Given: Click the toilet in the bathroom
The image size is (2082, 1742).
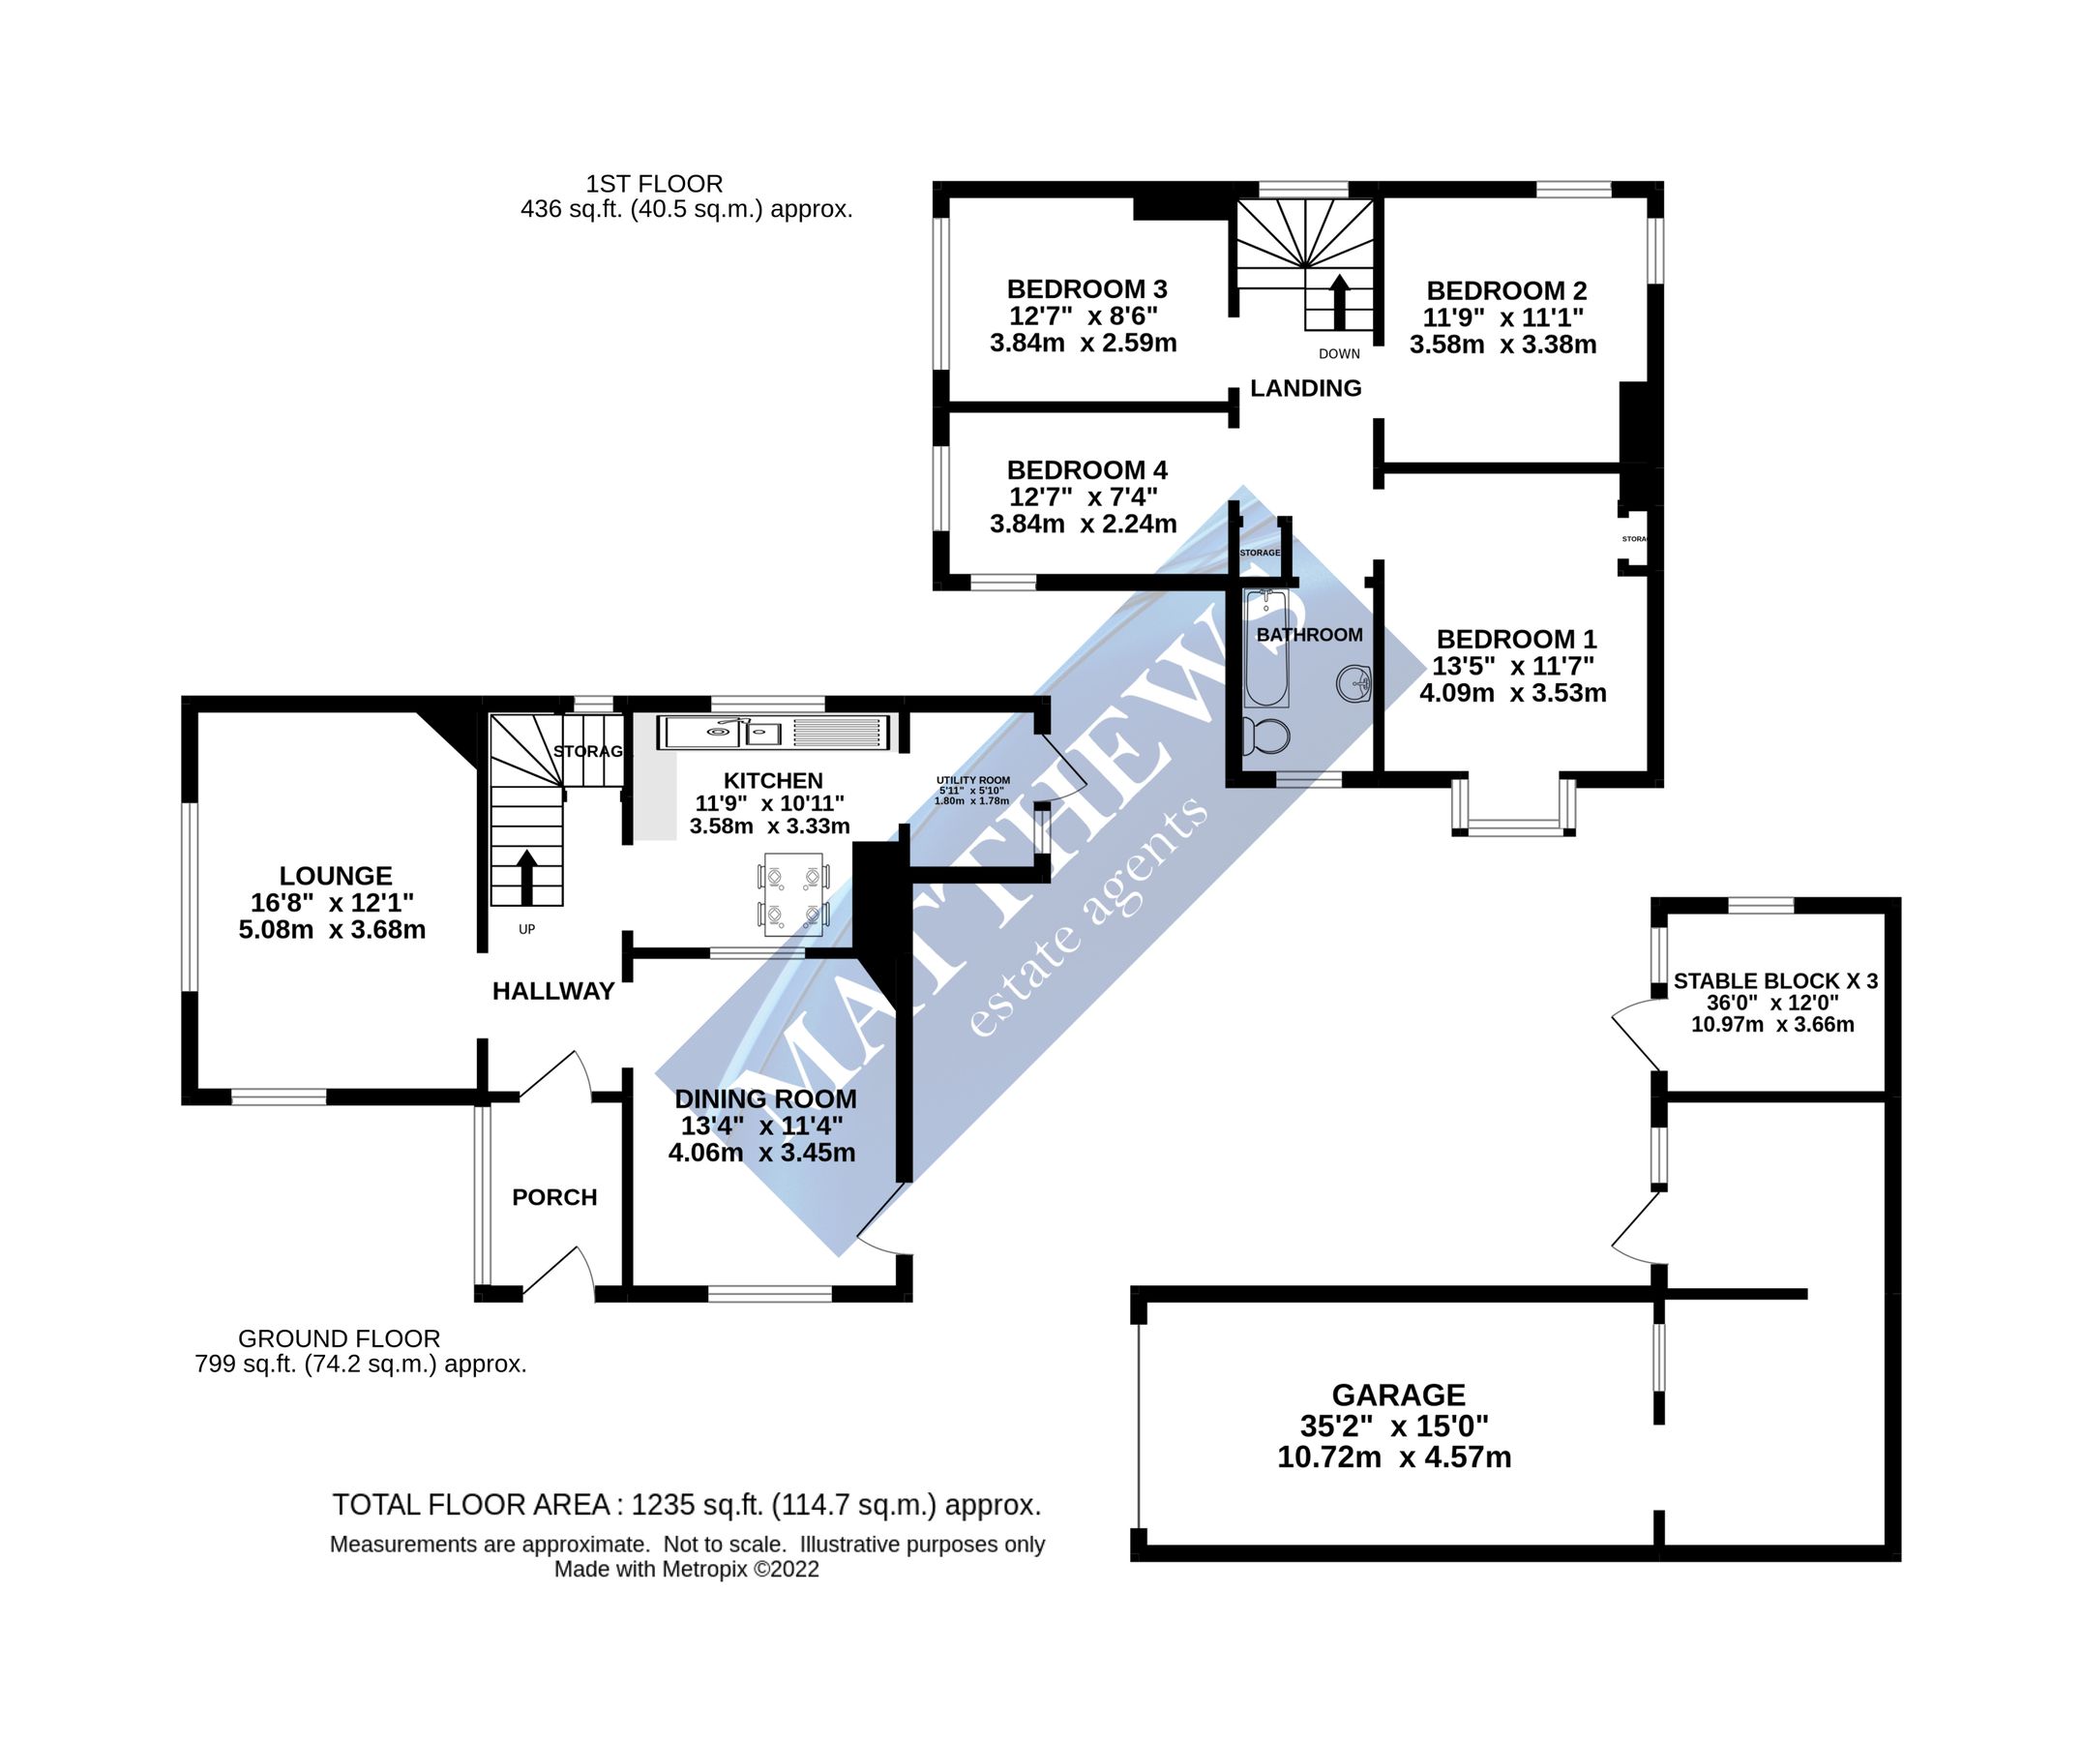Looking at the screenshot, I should pyautogui.click(x=1267, y=736).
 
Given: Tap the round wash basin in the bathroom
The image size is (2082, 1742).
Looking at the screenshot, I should pyautogui.click(x=1354, y=683).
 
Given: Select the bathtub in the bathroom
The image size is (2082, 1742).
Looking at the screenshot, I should pyautogui.click(x=1266, y=648).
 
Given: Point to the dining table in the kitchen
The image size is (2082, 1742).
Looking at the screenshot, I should pyautogui.click(x=793, y=894).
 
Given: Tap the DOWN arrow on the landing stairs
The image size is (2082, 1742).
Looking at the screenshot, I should pyautogui.click(x=1339, y=301).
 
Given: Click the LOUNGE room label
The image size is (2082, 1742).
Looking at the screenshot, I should pyautogui.click(x=335, y=876).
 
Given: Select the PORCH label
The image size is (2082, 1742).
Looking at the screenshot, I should pyautogui.click(x=554, y=1198).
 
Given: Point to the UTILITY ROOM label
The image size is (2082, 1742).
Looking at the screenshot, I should pyautogui.click(x=972, y=780).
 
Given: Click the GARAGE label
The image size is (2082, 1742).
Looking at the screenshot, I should pyautogui.click(x=1398, y=1395).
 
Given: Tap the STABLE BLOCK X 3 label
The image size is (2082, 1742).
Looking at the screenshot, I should pyautogui.click(x=1774, y=981).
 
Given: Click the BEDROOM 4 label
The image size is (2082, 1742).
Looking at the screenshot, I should pyautogui.click(x=1086, y=470).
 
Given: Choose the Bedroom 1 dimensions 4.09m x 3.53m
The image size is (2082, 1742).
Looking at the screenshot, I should pyautogui.click(x=1512, y=693).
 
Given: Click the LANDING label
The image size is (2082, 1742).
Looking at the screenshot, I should pyautogui.click(x=1306, y=389).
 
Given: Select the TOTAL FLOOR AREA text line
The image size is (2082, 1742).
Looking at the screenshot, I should pyautogui.click(x=686, y=1505).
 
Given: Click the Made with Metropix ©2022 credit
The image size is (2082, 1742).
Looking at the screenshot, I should pyautogui.click(x=686, y=1570).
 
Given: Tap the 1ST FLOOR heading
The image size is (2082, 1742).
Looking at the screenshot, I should pyautogui.click(x=654, y=184).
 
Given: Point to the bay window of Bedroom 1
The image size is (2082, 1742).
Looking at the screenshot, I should pyautogui.click(x=1513, y=825).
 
